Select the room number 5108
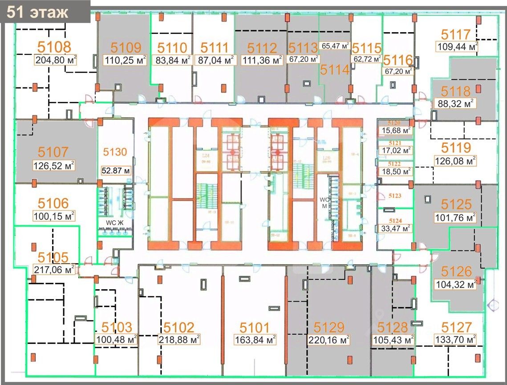point(54,47)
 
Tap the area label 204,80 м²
point(54,60)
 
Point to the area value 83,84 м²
point(171,60)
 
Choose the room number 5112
point(262,48)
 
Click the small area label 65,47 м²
point(336,45)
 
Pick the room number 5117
point(456,34)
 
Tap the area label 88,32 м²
point(454,104)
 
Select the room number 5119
point(456,147)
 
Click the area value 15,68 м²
point(394,131)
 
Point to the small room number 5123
point(395,196)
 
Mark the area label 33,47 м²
point(394,229)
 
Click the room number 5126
point(456,270)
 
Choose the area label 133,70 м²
point(456,340)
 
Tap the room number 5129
point(329,328)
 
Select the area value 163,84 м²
point(255,340)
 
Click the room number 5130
point(115,152)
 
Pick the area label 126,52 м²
point(53,166)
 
